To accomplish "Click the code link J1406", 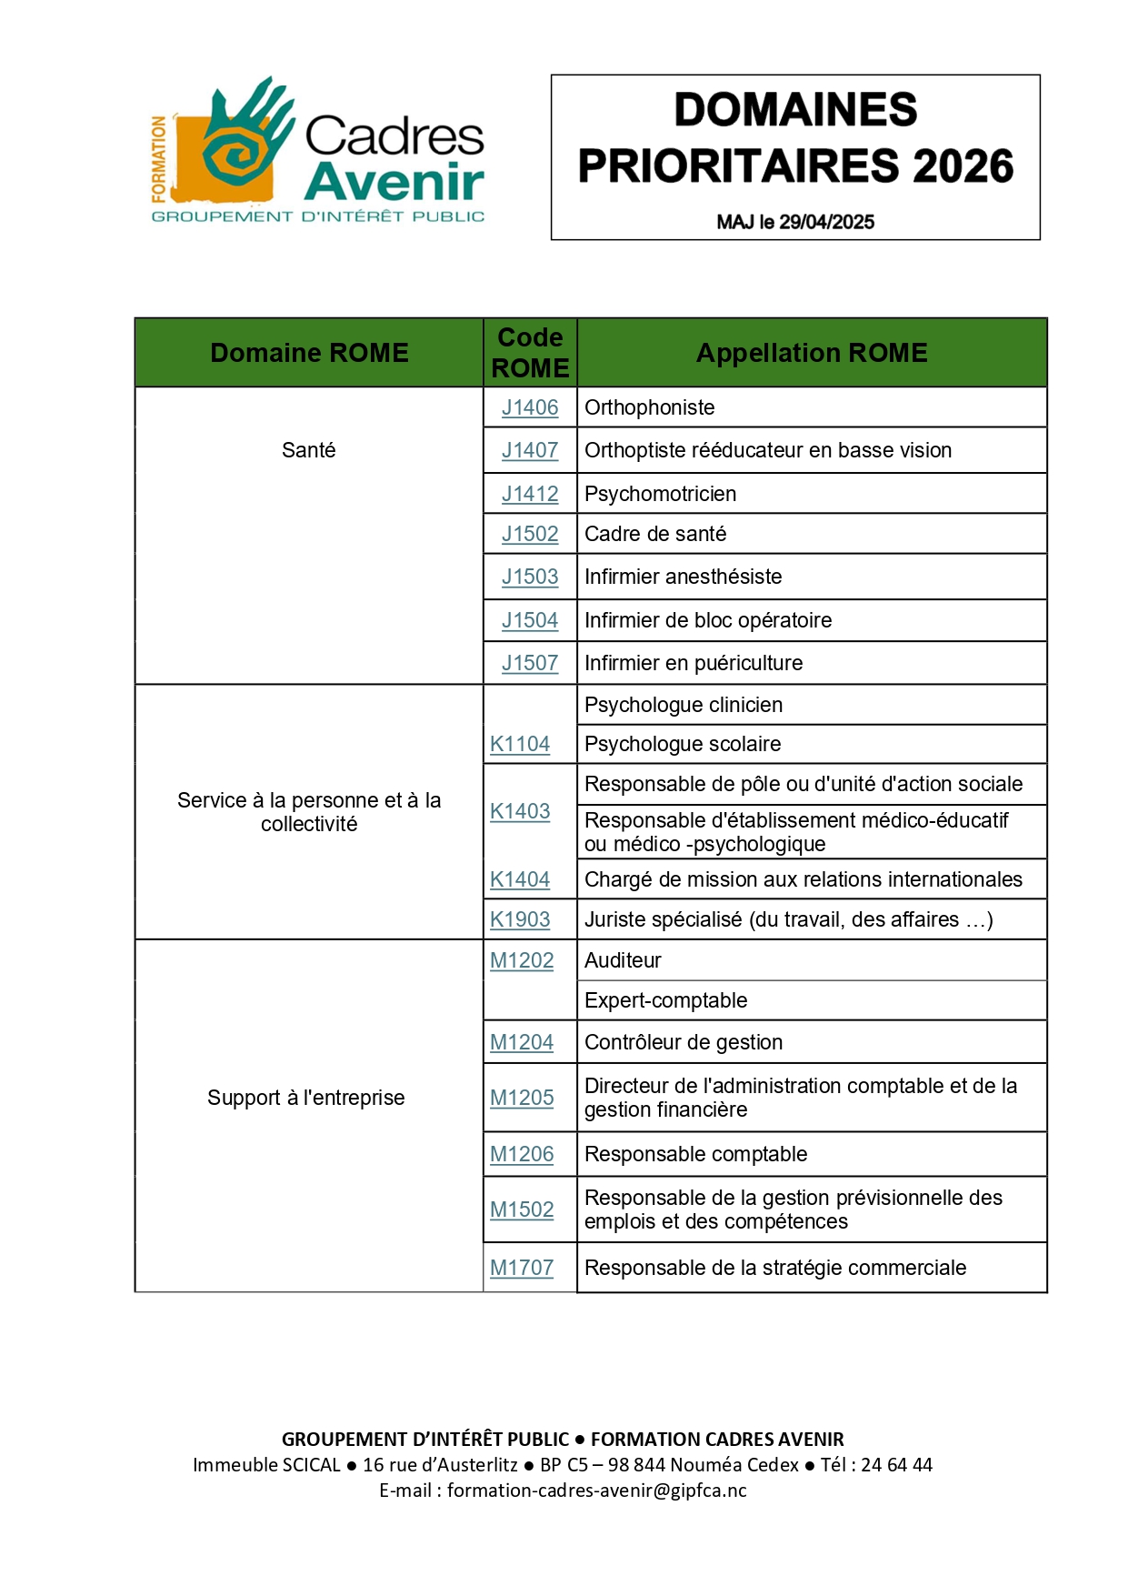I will tap(530, 407).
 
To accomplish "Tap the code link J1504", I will tap(530, 620).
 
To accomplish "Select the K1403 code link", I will tap(520, 811).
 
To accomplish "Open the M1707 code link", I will tap(522, 1268).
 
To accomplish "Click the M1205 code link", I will tap(522, 1098).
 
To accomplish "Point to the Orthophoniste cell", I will tap(649, 407).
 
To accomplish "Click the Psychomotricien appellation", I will tap(660, 494).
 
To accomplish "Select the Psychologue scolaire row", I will tap(682, 744).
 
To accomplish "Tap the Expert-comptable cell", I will tap(665, 1000).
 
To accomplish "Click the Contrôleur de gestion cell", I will tap(683, 1042).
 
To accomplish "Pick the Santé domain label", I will tap(309, 450).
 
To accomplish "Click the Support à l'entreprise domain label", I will tap(305, 1098).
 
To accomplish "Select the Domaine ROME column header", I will tap(309, 353).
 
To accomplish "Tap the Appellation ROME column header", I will tap(812, 353).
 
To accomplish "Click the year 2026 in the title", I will tap(963, 166).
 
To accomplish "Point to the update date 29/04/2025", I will tap(827, 222).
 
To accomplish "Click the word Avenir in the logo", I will tap(394, 180).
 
